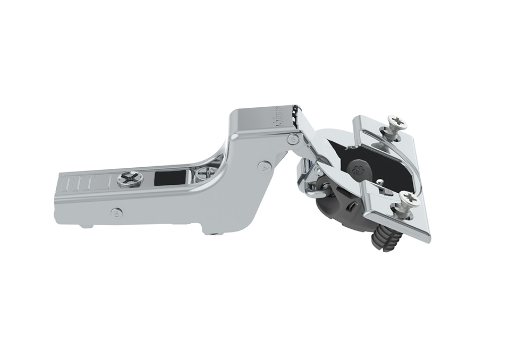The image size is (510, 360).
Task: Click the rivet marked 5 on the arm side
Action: (117, 213)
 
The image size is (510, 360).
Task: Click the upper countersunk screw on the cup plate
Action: (395, 124)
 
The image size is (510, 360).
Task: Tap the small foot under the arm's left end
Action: (85, 226)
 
